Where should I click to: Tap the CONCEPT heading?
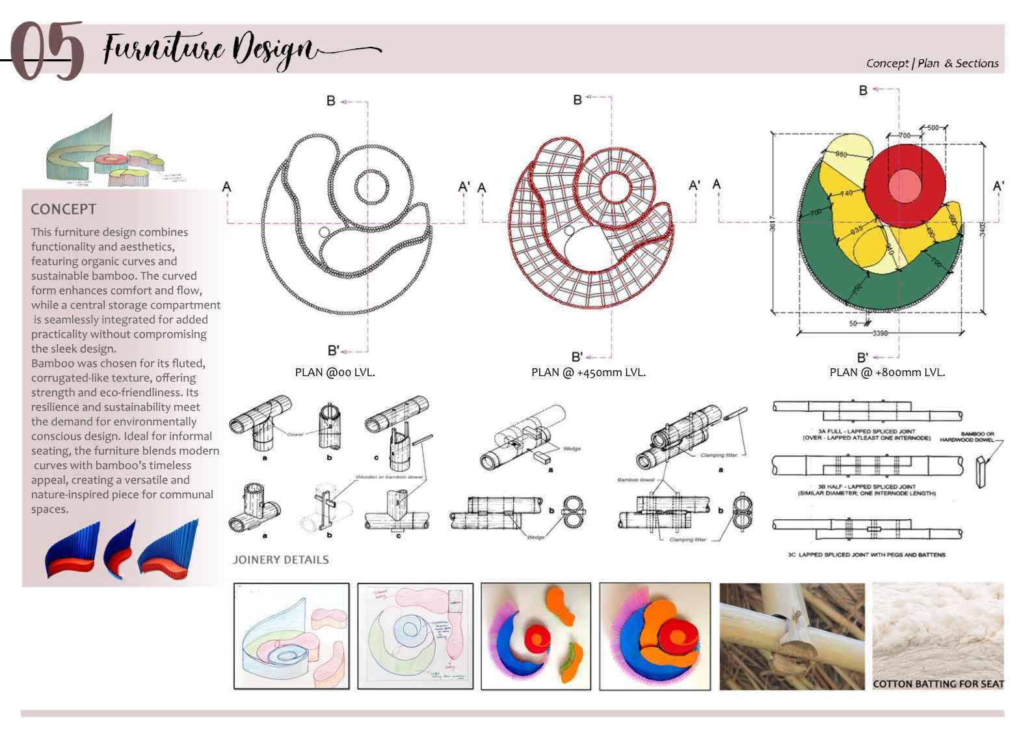pos(64,210)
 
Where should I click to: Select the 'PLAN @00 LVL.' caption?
pos(335,373)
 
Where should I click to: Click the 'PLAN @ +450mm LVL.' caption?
pos(589,373)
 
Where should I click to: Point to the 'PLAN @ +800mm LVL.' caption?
pos(887,373)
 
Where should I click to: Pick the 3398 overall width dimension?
pos(879,333)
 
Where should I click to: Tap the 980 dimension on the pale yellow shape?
pos(841,155)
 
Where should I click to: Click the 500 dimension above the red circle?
pos(933,128)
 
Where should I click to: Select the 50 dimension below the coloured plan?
pos(853,323)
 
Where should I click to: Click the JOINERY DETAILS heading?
pos(281,560)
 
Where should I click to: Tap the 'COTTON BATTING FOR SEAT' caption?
pos(938,684)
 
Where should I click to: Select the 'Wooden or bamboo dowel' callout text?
pos(390,477)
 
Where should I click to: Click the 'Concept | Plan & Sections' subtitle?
pos(932,63)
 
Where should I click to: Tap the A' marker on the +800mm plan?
pos(998,186)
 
